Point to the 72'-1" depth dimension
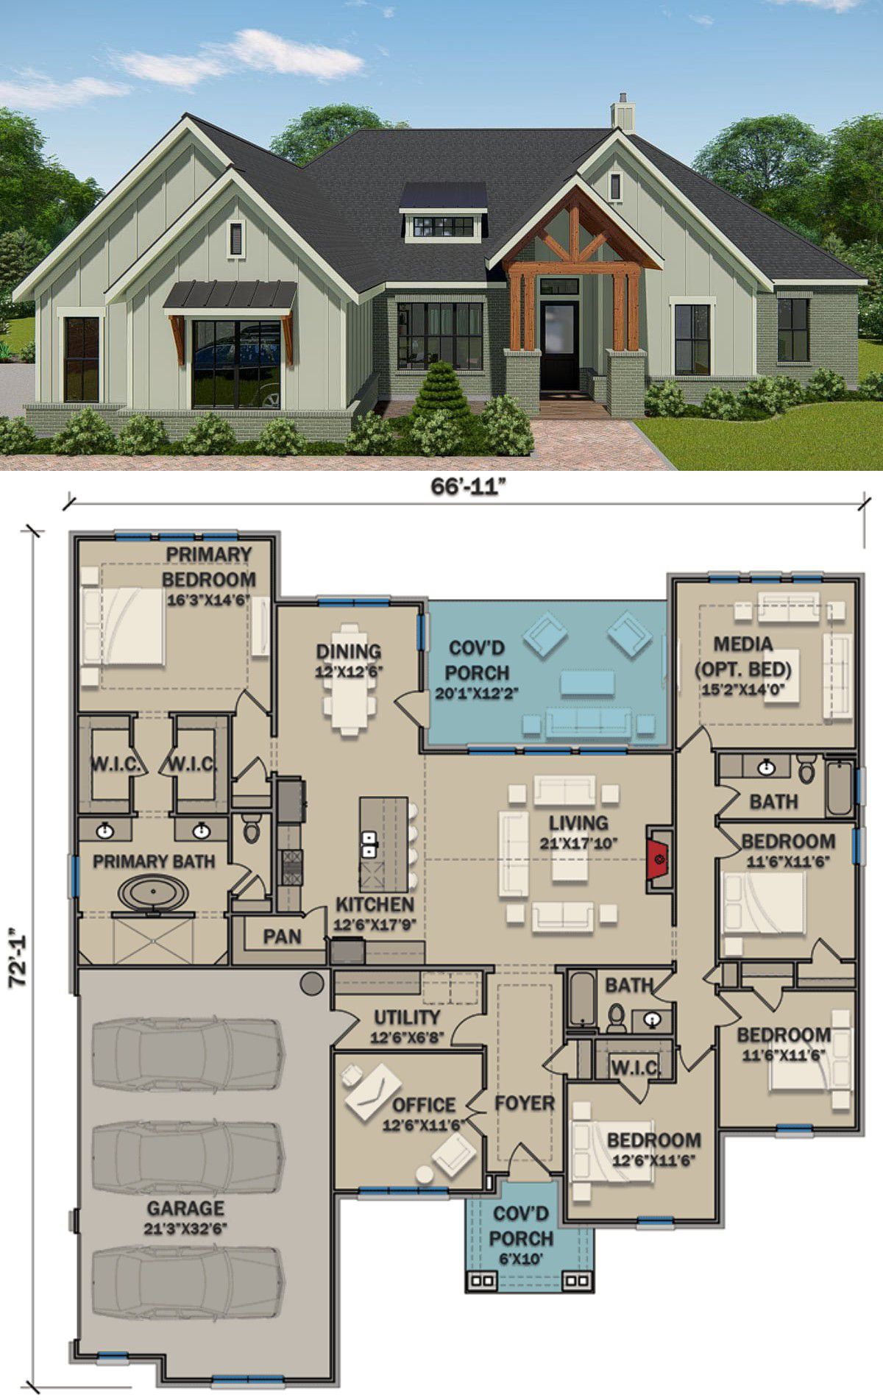pyautogui.click(x=18, y=956)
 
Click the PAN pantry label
pyautogui.click(x=282, y=937)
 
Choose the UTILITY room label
pyautogui.click(x=407, y=1017)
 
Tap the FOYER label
pyautogui.click(x=524, y=1103)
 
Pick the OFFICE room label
pyautogui.click(x=423, y=1105)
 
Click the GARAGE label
pyautogui.click(x=185, y=1208)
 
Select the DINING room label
pyautogui.click(x=349, y=652)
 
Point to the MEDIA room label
pyautogui.click(x=743, y=644)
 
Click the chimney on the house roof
pyautogui.click(x=623, y=113)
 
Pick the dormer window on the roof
pyautogui.click(x=444, y=213)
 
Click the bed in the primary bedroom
pyautogui.click(x=123, y=625)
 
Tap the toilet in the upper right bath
pyautogui.click(x=806, y=770)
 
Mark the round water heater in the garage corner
pyautogui.click(x=312, y=983)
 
